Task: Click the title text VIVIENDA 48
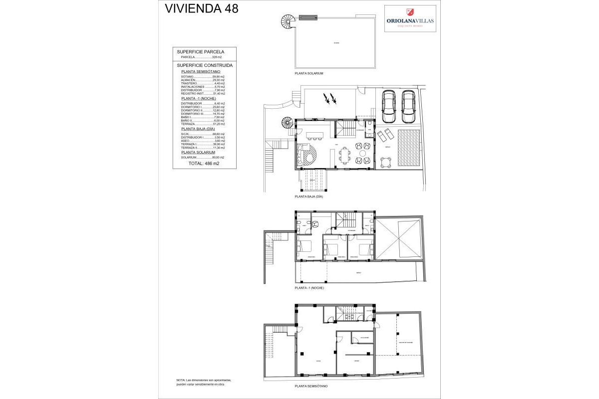point(202,8)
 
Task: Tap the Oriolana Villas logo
point(410,18)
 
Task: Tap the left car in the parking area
point(388,107)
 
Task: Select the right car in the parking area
point(408,107)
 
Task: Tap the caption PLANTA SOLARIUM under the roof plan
point(309,73)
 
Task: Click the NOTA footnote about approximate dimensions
point(204,383)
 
